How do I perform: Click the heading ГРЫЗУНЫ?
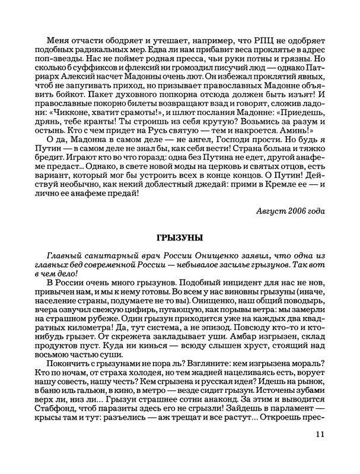180,238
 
